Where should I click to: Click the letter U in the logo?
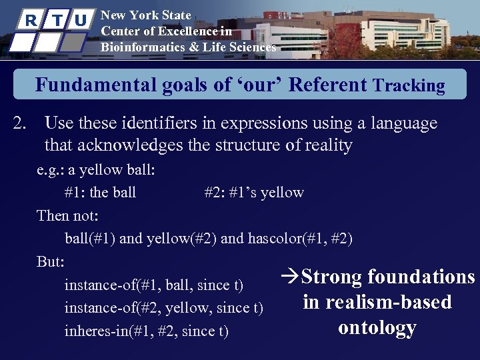80,21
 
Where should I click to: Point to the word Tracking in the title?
409,86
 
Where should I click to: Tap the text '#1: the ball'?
100,193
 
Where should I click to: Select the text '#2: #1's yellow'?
253,193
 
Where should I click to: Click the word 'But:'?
51,261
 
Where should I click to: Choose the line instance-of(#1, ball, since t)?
153,285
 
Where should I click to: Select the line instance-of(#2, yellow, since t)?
163,308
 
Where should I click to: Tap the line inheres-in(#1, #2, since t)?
146,331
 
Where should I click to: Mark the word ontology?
377,327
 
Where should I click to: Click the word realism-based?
377,302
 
